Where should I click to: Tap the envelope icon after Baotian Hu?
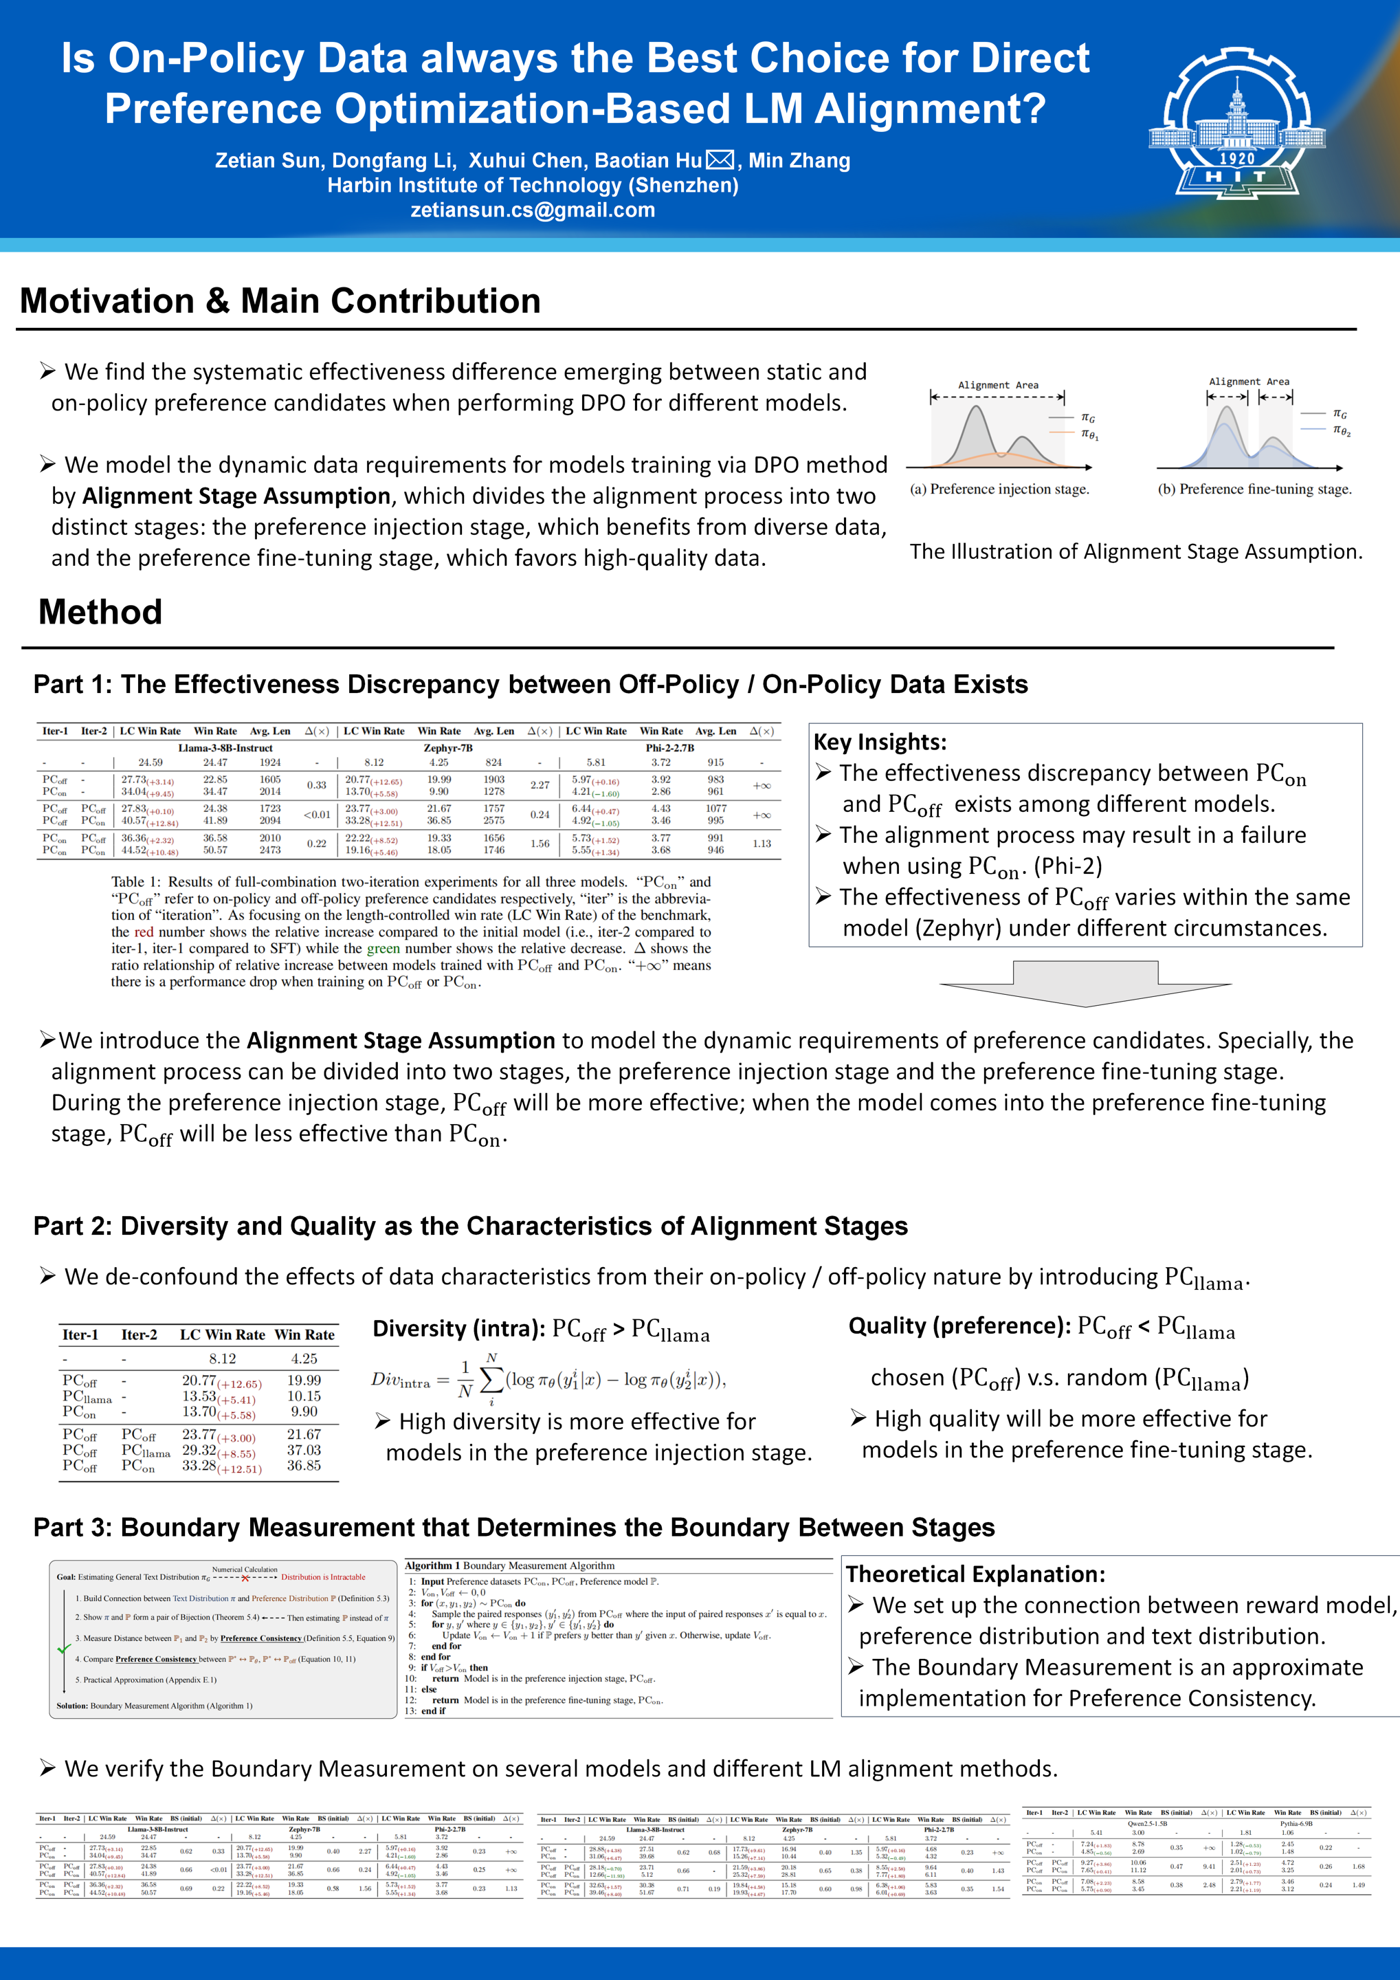[720, 160]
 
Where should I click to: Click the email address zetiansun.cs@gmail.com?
[533, 210]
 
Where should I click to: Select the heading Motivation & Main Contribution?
[280, 301]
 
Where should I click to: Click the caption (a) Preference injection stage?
[999, 489]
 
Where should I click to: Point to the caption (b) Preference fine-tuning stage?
[1254, 489]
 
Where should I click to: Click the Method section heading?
[100, 613]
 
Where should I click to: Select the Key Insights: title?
[879, 742]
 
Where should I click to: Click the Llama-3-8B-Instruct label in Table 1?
[225, 748]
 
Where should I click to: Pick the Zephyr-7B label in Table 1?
[447, 748]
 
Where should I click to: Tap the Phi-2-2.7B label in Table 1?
[670, 748]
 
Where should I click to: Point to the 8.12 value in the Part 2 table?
[223, 1358]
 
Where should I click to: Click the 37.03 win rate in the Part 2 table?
[304, 1451]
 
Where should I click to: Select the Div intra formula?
[548, 1380]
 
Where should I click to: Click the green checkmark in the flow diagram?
[64, 1649]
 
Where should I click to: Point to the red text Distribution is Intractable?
[323, 1577]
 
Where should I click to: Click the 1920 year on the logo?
[1237, 159]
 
